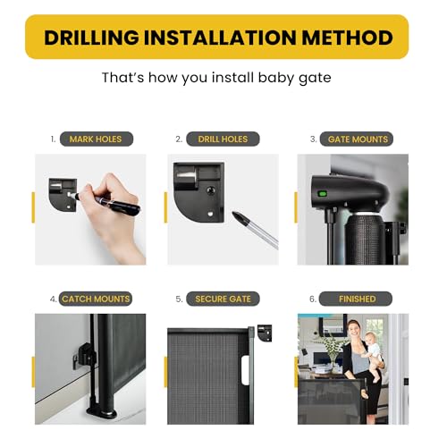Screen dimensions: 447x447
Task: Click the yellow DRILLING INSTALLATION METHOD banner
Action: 223,38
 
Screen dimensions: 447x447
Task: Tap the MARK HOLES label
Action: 97,139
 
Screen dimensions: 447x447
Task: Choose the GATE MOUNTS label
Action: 358,139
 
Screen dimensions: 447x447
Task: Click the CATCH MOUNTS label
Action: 95,299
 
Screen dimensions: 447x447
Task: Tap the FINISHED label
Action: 358,299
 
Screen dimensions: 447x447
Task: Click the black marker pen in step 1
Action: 112,203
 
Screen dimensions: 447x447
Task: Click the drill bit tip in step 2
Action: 240,216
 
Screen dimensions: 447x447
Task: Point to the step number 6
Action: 313,299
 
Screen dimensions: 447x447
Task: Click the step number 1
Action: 54,139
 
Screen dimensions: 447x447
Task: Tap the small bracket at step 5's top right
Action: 265,333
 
